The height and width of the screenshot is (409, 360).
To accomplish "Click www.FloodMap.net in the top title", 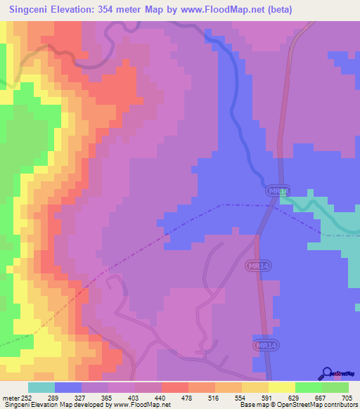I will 226,10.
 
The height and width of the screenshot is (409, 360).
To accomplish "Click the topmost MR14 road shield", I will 278,191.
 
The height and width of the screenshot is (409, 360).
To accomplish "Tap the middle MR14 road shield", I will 258,266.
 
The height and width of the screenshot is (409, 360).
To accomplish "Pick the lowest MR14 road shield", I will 263,346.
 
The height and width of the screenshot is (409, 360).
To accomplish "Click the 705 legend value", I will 348,397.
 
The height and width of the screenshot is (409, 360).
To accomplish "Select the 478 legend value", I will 188,397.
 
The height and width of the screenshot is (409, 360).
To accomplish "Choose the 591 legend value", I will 268,397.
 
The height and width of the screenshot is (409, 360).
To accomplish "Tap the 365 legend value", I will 108,397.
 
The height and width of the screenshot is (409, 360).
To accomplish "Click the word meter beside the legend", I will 10,397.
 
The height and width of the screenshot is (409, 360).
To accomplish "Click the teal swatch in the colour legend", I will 41,387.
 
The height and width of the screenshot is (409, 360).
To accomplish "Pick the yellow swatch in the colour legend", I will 281,387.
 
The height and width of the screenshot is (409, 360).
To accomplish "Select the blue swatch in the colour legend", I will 67,387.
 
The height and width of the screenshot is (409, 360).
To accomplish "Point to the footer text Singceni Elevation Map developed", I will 56,405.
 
